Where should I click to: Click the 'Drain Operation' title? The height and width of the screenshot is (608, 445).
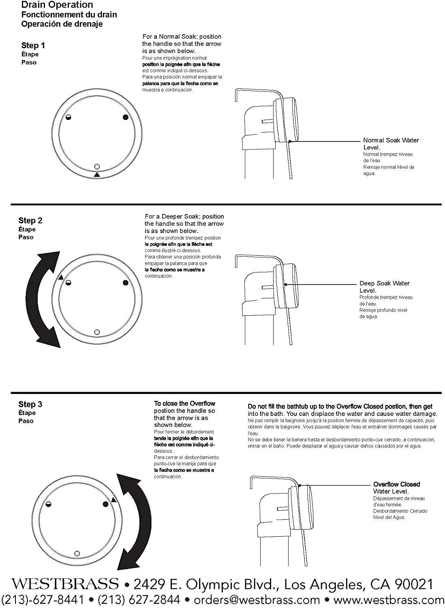[57, 5]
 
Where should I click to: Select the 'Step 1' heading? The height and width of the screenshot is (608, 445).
[33, 45]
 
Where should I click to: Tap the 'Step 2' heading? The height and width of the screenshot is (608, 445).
[30, 221]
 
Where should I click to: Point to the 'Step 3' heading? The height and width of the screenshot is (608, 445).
[30, 404]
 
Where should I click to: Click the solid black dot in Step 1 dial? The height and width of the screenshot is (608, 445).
[125, 117]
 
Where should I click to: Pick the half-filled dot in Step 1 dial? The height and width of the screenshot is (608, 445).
[68, 118]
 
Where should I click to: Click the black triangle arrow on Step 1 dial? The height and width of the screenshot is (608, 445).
[96, 175]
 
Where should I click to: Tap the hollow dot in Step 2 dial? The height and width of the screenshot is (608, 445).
[97, 332]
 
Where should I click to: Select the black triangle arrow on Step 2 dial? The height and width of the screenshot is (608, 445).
[61, 277]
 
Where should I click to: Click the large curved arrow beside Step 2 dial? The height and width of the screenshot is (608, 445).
[43, 300]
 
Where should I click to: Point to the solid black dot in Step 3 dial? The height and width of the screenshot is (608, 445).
[106, 504]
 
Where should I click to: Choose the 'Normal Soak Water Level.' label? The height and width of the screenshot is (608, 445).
[391, 144]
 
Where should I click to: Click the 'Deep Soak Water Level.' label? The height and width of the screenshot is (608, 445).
[384, 287]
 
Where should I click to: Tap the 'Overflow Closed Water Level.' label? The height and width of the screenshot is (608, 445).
[396, 488]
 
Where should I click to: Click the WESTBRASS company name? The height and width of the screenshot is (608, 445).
[65, 584]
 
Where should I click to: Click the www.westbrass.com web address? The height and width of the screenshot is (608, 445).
[389, 600]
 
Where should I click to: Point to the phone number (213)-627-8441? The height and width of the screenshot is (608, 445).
[43, 600]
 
